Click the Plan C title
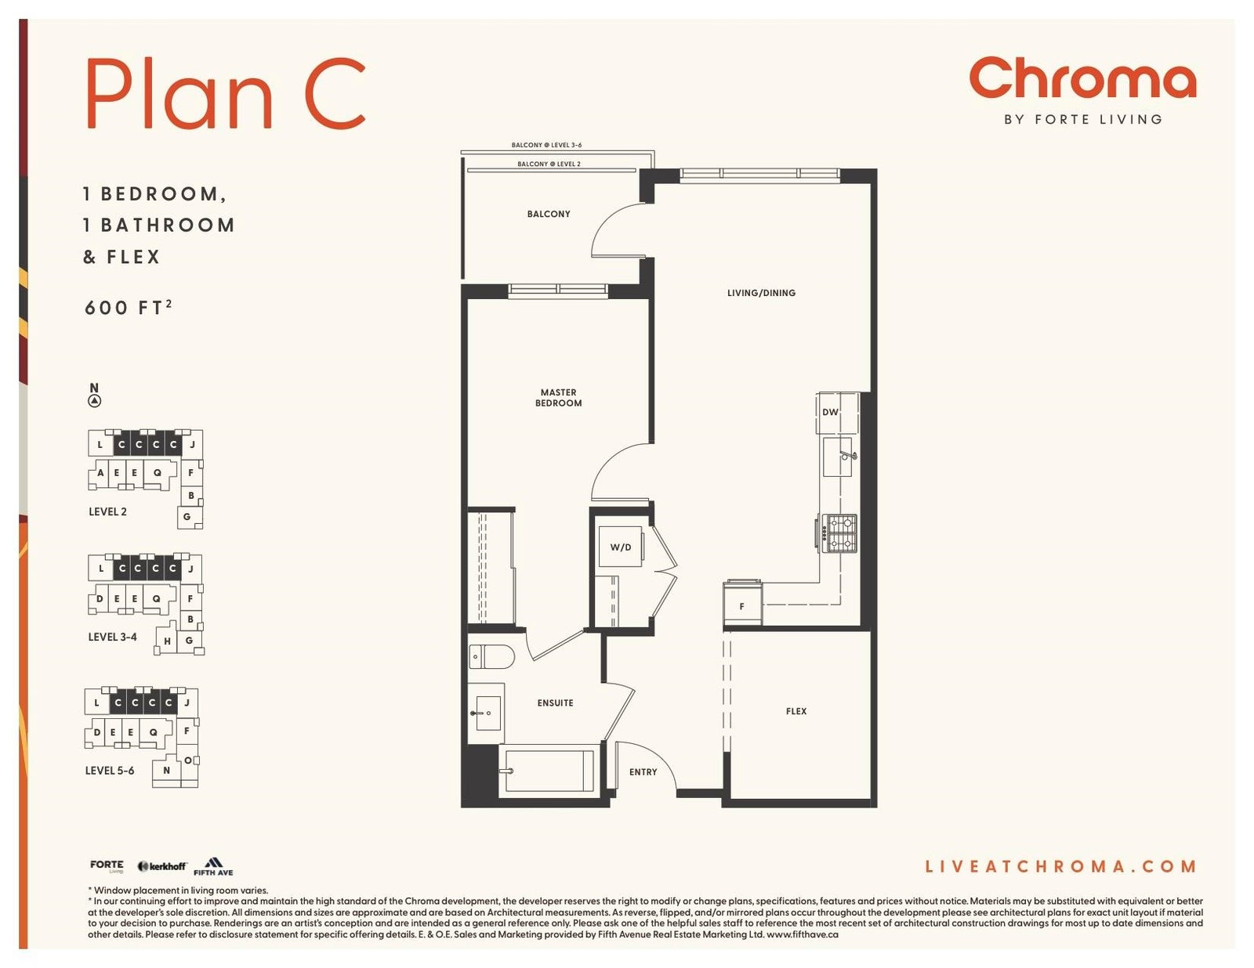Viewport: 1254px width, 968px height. click(x=226, y=93)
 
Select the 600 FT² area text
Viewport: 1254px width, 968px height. click(x=128, y=307)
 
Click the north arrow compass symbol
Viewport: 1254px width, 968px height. click(x=95, y=401)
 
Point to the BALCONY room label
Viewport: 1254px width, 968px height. click(x=548, y=214)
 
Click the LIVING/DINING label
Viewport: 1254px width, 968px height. click(x=761, y=293)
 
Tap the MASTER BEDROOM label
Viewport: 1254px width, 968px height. click(x=558, y=398)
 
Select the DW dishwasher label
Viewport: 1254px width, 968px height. click(x=830, y=412)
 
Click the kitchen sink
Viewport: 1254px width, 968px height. click(x=838, y=457)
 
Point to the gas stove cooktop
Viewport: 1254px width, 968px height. click(x=842, y=533)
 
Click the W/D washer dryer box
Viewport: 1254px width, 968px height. click(x=621, y=547)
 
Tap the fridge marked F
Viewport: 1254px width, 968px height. click(x=743, y=603)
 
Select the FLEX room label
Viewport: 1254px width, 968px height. click(x=796, y=711)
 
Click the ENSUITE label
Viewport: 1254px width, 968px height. click(x=555, y=703)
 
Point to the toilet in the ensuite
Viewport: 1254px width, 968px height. click(x=491, y=656)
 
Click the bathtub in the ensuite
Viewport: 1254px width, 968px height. click(x=546, y=770)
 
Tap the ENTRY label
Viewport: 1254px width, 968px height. click(x=643, y=772)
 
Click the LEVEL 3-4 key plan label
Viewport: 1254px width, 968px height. click(x=113, y=637)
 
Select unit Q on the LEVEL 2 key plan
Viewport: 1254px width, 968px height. click(x=158, y=473)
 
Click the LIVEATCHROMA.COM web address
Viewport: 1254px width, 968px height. click(x=1060, y=866)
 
